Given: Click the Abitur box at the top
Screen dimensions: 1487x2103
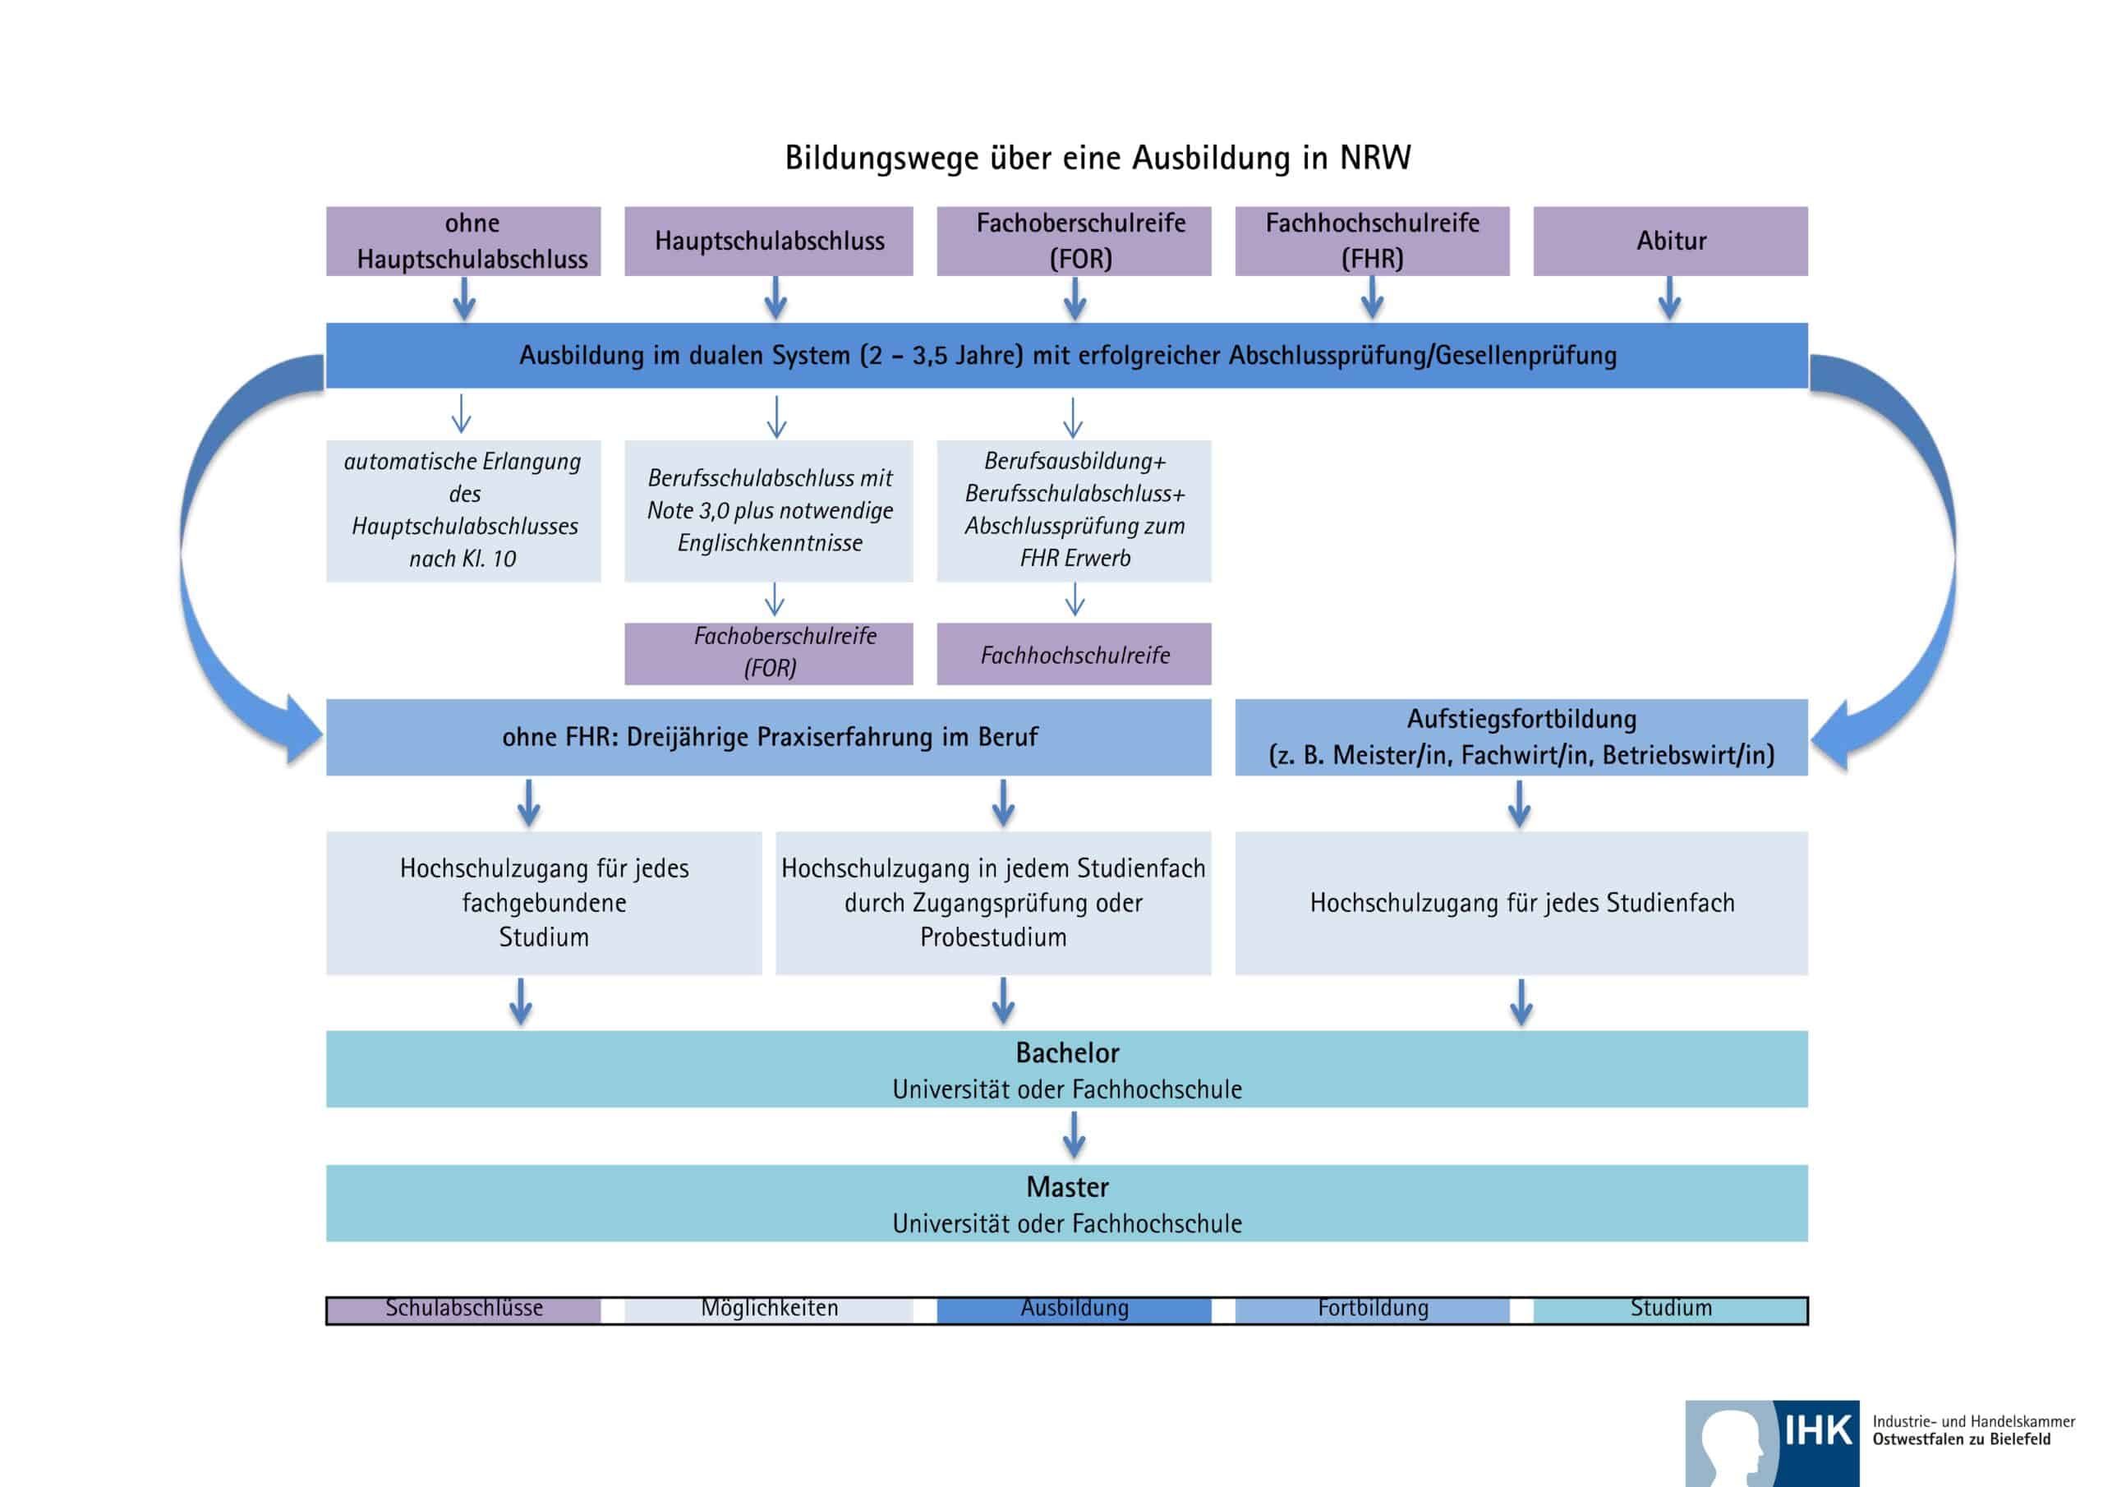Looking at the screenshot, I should coord(1670,241).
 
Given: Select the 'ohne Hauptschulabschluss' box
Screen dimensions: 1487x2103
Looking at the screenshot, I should coord(463,241).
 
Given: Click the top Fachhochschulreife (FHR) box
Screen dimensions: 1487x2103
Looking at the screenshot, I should coord(1371,241).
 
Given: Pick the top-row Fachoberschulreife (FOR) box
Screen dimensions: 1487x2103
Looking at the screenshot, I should coord(1074,241).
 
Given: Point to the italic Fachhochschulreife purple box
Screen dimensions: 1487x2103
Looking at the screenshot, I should coord(1074,654).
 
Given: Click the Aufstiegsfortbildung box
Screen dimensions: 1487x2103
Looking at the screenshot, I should coord(1521,737).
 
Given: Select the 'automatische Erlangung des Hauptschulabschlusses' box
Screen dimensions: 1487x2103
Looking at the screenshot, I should coord(463,510).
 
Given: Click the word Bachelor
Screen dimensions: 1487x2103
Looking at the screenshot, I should coord(1067,1052).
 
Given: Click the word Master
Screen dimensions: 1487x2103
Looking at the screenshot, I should coord(1067,1187).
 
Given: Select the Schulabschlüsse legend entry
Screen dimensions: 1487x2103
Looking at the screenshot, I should coord(463,1310).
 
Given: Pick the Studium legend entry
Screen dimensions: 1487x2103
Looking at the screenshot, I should coord(1670,1310).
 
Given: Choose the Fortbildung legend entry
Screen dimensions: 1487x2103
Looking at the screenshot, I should coord(1371,1310).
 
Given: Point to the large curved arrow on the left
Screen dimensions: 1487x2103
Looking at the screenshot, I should coord(210,568).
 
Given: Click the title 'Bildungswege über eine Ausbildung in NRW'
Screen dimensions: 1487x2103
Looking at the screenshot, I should coord(1098,158).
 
